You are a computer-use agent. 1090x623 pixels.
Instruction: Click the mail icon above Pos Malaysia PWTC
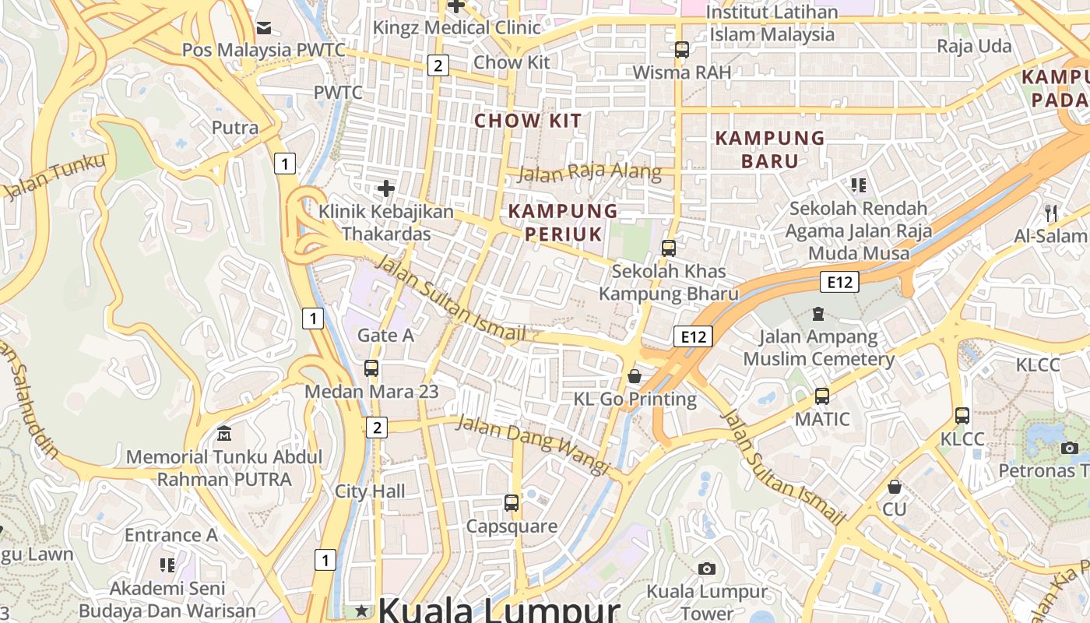(x=264, y=28)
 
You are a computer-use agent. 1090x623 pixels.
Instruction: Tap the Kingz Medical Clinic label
(x=456, y=28)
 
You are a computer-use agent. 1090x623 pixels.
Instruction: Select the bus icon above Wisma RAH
(x=681, y=50)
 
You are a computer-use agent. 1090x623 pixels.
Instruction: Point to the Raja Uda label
(x=974, y=46)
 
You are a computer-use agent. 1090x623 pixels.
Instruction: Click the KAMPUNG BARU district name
(x=769, y=150)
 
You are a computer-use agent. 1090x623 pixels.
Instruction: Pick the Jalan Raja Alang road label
(x=589, y=173)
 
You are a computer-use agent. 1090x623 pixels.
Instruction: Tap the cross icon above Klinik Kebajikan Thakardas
(x=385, y=188)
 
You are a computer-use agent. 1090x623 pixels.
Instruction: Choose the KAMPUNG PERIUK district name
(x=563, y=223)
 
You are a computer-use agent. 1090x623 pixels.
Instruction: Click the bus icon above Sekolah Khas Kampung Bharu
(x=668, y=248)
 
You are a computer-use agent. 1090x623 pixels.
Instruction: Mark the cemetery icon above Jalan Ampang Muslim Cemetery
(x=818, y=314)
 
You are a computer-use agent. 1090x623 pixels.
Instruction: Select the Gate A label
(x=385, y=336)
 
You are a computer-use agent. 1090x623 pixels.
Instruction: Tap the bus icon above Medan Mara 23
(x=371, y=368)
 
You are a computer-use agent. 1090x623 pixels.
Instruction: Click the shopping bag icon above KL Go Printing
(x=635, y=376)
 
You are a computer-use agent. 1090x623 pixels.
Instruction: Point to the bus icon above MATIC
(x=821, y=396)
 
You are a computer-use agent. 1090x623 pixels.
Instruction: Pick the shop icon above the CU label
(x=895, y=487)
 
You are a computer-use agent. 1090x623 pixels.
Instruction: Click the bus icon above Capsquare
(x=511, y=503)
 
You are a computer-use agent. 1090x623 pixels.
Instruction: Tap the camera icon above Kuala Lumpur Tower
(x=706, y=568)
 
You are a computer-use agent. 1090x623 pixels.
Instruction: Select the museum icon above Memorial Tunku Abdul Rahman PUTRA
(x=224, y=433)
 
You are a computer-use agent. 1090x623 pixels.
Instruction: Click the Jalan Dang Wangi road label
(x=531, y=444)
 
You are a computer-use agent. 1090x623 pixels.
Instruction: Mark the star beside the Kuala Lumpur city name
(x=361, y=611)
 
